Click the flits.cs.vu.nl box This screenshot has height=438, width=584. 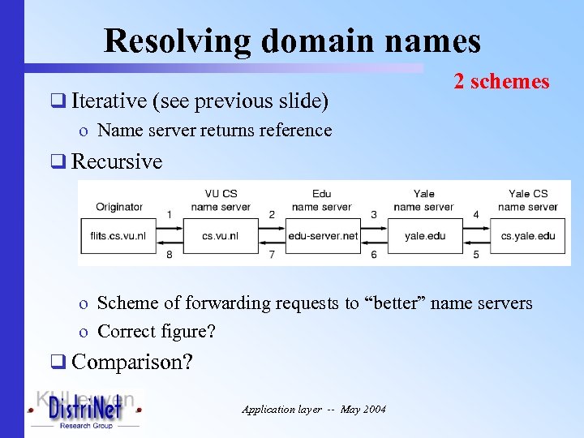point(118,236)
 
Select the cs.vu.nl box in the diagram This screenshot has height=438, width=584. point(221,236)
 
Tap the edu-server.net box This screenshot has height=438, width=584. point(322,236)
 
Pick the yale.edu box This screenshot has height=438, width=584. point(424,236)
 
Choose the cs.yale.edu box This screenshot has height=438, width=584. point(527,236)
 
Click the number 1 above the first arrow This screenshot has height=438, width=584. point(169,215)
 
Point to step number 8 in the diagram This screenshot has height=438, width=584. point(169,255)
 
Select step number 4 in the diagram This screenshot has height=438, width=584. point(476,215)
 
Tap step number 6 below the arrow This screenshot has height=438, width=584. point(374,255)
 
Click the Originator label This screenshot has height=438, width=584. point(119,207)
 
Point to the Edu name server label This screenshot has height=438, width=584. point(322,200)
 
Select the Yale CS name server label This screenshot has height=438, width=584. point(528,200)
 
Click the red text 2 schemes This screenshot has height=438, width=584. point(501,81)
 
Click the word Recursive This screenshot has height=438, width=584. point(117,161)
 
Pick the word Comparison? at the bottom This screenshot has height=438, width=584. point(132,362)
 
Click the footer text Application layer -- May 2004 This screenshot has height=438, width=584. point(314,410)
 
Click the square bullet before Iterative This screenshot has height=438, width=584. point(58,102)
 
